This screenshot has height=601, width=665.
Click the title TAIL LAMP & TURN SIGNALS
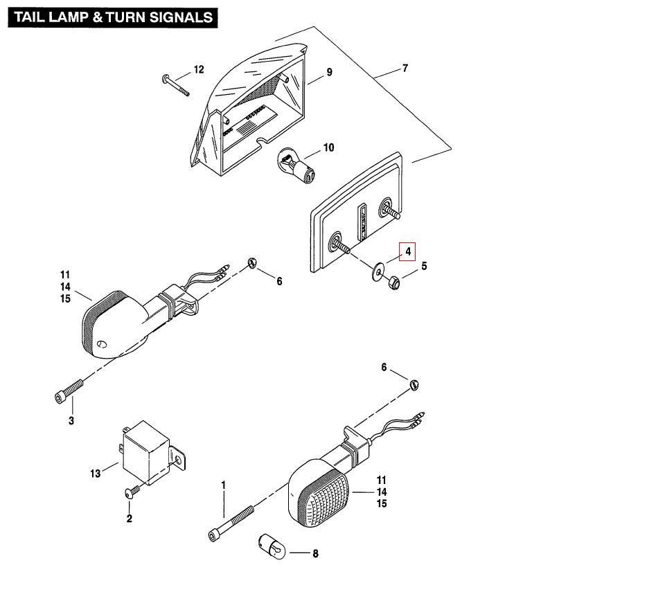[112, 17]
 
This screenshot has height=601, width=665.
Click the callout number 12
[199, 69]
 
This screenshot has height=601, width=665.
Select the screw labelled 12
[176, 84]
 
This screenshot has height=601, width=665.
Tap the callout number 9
[330, 72]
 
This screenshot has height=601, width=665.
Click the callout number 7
[405, 69]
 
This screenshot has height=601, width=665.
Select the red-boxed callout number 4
[409, 251]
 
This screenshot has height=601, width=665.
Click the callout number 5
[424, 266]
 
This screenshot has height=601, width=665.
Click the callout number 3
[71, 420]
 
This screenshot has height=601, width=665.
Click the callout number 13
[96, 474]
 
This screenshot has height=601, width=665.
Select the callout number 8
[315, 553]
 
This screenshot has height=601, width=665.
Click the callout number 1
[223, 484]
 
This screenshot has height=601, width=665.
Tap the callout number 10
[328, 147]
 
